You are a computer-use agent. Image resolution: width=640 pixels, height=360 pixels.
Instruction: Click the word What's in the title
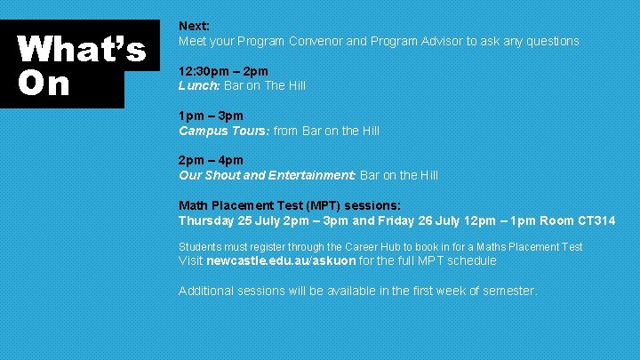point(82,50)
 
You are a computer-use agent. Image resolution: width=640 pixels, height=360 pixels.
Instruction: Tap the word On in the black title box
point(43,83)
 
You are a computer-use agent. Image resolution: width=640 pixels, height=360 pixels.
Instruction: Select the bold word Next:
point(194,27)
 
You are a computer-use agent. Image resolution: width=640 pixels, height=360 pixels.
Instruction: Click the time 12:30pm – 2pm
point(223,71)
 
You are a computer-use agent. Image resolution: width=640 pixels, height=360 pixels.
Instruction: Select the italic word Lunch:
point(199,85)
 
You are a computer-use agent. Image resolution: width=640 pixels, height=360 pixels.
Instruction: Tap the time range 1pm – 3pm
point(211,116)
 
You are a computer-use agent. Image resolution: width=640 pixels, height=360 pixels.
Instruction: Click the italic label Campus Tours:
point(224,131)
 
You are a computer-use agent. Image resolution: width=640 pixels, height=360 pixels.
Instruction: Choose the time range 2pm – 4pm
point(211,161)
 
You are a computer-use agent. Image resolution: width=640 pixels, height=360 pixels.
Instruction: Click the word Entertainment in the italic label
point(311,175)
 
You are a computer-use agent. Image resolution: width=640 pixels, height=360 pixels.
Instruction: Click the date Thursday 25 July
point(228,220)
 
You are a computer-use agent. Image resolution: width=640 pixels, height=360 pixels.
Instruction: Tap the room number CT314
point(594,220)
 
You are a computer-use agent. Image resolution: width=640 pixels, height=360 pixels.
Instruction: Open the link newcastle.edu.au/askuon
point(281,260)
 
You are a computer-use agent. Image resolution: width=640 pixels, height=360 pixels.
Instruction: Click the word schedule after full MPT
point(470,260)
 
